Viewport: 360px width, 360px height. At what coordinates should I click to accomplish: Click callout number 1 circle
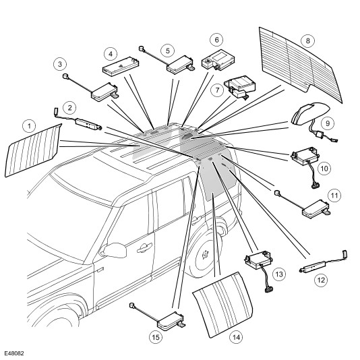[x=29, y=126]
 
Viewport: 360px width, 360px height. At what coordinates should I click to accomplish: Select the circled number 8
[x=307, y=41]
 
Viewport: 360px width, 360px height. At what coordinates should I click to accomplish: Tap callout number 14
[x=236, y=337]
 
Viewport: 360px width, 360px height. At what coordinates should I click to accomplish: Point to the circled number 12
[x=321, y=280]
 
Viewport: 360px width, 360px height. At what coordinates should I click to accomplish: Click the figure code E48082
[x=14, y=353]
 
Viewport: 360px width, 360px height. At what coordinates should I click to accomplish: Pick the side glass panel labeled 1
[x=33, y=150]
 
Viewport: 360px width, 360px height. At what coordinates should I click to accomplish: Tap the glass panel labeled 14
[x=222, y=305]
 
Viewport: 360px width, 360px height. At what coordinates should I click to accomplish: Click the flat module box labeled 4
[x=121, y=67]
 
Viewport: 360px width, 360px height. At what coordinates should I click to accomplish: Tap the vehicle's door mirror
[x=114, y=250]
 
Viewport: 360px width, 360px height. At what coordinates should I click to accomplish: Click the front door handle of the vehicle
[x=145, y=247]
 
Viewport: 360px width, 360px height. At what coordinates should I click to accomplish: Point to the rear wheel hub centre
[x=205, y=254]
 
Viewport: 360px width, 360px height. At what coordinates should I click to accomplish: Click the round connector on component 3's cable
[x=65, y=76]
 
